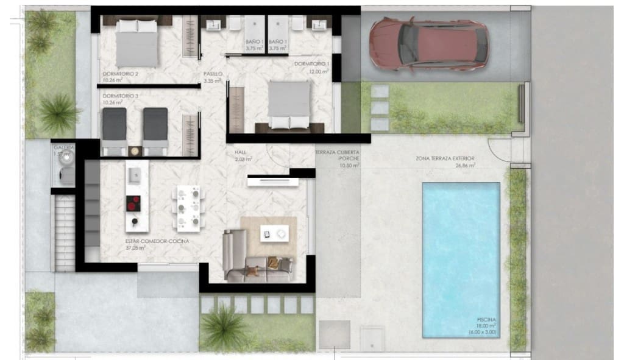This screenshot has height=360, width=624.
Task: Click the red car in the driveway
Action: [429, 43]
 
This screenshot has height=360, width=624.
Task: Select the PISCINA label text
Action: [487, 319]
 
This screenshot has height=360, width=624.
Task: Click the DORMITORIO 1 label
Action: [311, 64]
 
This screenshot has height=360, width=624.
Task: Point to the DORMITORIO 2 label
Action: [121, 74]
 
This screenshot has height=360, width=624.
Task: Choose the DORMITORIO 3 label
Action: [121, 96]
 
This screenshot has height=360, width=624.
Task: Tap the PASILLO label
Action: [213, 74]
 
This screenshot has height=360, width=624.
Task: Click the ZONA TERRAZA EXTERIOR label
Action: [445, 158]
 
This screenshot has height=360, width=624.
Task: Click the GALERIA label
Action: [64, 147]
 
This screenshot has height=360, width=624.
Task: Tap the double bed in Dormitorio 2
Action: [137, 43]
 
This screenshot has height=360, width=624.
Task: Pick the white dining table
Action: [187, 208]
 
